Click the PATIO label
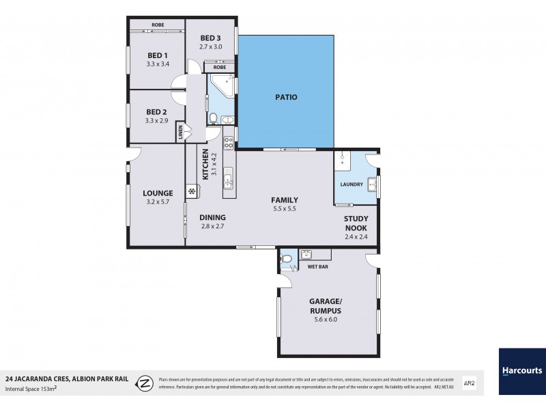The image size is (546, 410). tap(286, 98)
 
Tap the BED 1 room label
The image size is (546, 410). tap(157, 55)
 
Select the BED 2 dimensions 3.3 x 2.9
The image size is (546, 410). tap(157, 121)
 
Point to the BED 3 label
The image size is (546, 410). tap(210, 38)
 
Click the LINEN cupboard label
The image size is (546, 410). tap(180, 133)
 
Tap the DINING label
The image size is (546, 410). tap(212, 217)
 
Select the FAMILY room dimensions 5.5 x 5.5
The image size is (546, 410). tap(284, 209)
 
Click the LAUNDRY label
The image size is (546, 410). tap(351, 184)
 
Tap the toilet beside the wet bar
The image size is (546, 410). tap(287, 258)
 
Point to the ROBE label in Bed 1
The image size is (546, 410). tap(158, 25)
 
